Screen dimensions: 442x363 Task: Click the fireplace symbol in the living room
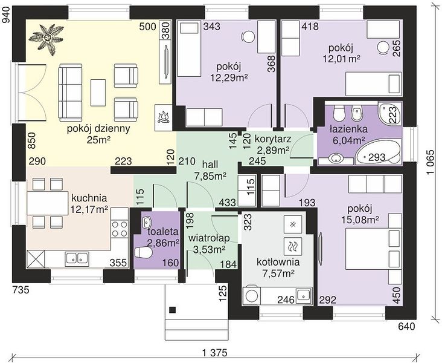163,117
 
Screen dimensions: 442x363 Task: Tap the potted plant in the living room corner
47,38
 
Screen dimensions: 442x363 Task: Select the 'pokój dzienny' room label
98,128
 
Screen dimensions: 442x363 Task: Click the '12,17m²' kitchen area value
89,209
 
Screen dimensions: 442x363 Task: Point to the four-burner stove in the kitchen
120,229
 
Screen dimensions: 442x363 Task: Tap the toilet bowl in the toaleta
144,252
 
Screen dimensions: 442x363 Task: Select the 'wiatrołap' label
209,238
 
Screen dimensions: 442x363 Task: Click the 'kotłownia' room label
278,262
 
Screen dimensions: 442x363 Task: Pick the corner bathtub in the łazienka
378,154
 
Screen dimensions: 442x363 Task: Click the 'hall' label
210,164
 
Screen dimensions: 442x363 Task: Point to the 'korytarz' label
272,139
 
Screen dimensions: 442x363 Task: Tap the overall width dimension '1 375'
214,353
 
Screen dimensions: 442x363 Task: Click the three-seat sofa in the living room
70,91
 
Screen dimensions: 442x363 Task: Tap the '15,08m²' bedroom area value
360,219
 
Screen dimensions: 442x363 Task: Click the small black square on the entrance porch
173,310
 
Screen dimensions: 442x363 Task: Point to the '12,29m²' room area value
229,77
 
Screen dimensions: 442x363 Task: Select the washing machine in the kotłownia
251,296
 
